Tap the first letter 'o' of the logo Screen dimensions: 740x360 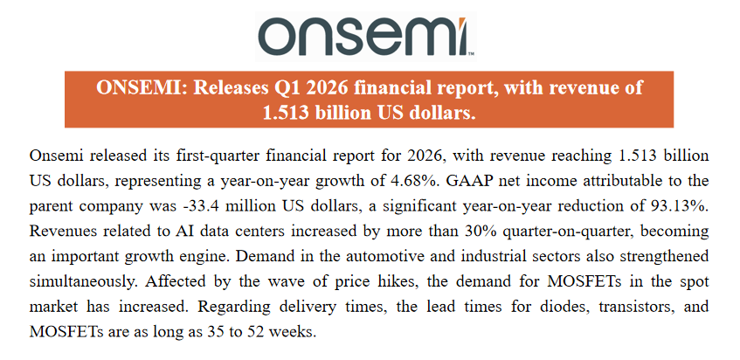pyautogui.click(x=278, y=38)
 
